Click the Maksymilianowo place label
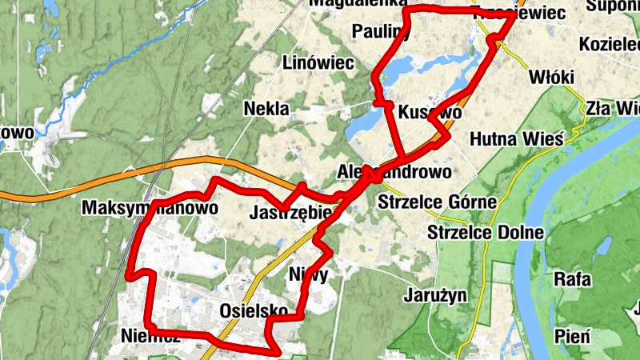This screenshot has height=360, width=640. (x=150, y=208)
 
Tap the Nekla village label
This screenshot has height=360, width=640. (x=267, y=109)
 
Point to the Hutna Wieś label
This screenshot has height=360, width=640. (x=517, y=139)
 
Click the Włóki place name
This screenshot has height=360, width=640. (x=552, y=77)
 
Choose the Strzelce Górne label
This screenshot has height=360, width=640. (x=438, y=201)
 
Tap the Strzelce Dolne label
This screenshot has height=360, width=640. (x=486, y=233)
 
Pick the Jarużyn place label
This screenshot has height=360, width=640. (x=435, y=294)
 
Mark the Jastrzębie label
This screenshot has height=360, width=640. (x=290, y=214)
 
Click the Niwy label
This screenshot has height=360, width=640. (x=308, y=273)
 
